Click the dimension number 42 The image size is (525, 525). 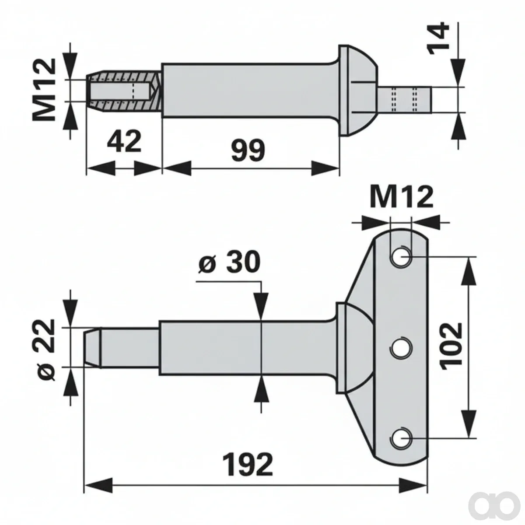124,141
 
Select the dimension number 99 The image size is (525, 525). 248,150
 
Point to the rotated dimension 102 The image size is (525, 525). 451,346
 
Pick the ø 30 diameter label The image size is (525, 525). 229,262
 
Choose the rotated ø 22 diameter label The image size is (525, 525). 45,350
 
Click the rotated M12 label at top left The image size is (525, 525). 44,90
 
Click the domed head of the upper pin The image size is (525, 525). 358,90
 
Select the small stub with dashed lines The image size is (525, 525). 404,99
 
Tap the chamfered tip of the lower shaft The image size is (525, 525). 92,348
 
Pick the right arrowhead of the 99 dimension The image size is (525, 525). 325,168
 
